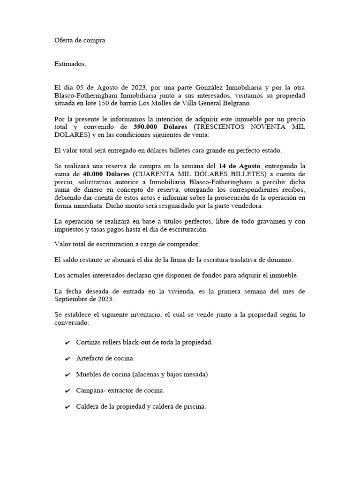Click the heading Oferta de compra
click(x=80, y=40)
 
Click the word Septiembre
click(x=74, y=299)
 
